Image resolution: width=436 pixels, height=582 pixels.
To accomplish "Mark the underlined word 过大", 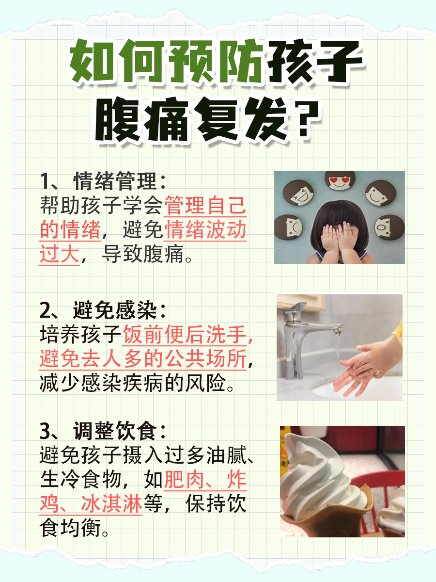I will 59,255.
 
